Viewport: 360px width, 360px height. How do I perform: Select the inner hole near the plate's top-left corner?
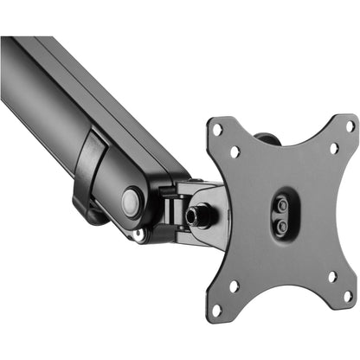[235, 151]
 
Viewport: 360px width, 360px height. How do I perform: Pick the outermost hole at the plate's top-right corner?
[350, 126]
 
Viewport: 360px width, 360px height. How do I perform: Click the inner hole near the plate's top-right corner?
[333, 147]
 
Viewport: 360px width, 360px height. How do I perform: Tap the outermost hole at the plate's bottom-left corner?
[217, 306]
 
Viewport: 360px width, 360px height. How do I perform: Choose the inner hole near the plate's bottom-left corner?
[234, 286]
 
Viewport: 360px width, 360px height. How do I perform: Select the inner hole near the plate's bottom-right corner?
[332, 277]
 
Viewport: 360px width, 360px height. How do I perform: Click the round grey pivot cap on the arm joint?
[131, 202]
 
